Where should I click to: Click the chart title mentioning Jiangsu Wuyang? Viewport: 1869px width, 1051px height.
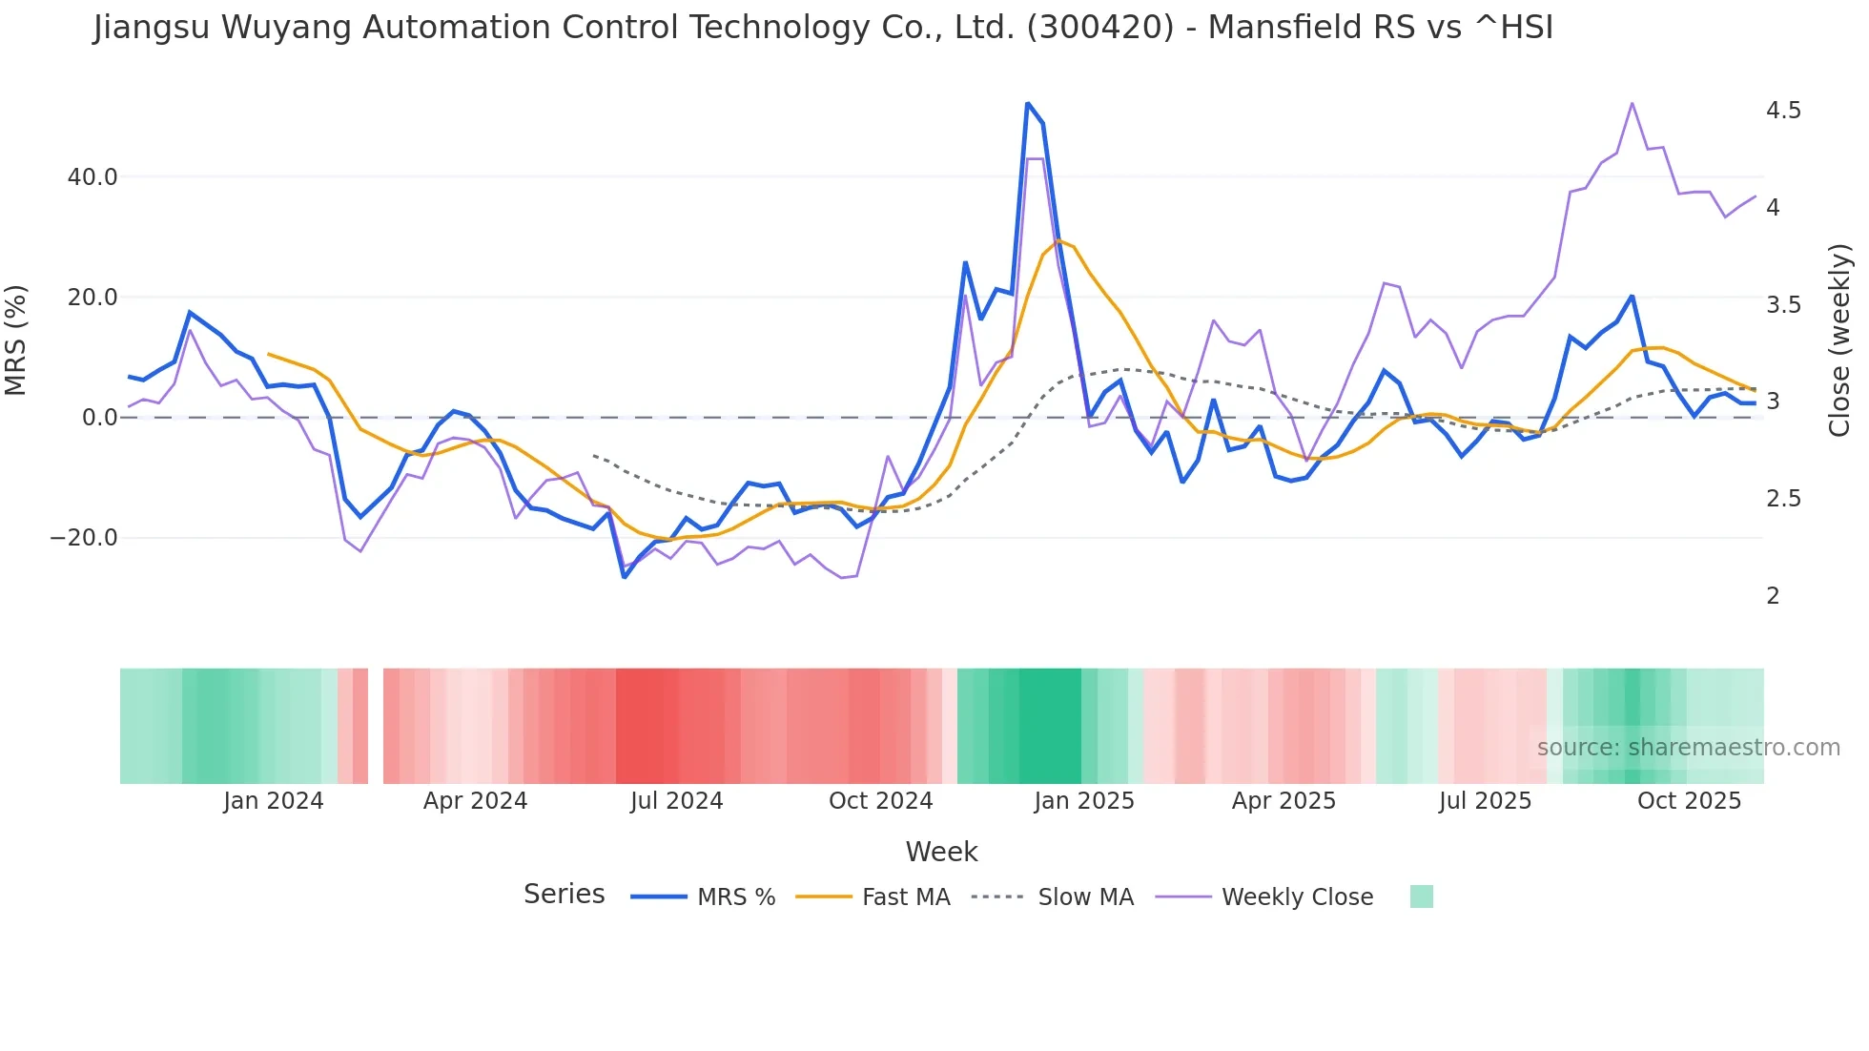(823, 28)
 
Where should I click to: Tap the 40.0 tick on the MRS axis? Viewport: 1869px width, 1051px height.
(92, 177)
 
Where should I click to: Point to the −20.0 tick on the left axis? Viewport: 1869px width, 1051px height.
(84, 538)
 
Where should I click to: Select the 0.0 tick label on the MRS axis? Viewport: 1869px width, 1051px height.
(100, 418)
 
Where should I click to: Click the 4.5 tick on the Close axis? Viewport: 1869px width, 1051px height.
(1783, 111)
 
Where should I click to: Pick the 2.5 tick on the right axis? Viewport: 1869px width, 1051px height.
(1783, 499)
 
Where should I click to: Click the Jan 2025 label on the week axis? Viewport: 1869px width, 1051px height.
(1084, 801)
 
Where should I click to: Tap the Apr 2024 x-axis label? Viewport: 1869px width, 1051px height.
(475, 801)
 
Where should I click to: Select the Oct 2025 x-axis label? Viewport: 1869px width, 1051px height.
(1689, 801)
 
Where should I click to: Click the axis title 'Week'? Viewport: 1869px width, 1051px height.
(941, 852)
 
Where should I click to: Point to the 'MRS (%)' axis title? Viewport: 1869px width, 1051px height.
(16, 340)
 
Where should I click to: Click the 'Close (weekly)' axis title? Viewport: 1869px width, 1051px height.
(1839, 340)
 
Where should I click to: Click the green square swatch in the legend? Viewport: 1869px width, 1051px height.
(1421, 896)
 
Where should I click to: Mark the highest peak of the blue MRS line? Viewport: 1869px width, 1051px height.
(1027, 103)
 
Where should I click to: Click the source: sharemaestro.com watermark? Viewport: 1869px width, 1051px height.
(1688, 748)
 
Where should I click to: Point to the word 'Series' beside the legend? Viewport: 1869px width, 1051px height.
(564, 895)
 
